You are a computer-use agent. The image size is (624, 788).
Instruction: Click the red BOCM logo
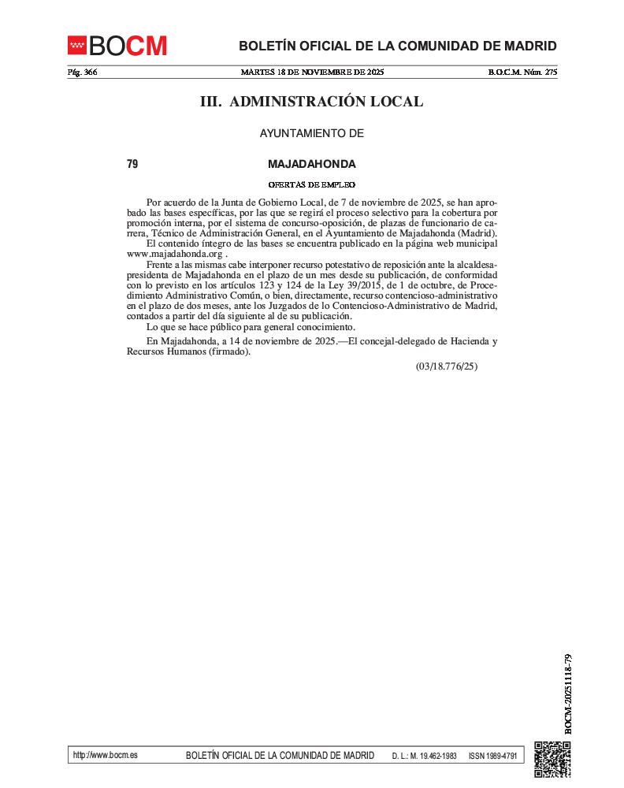[117, 46]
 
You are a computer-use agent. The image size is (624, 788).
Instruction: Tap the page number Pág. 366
[82, 72]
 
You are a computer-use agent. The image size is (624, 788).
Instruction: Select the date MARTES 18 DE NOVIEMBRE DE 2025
[312, 72]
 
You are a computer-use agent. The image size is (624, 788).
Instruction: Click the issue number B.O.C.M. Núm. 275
[523, 72]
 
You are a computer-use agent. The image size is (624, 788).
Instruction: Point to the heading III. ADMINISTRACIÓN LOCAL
[311, 102]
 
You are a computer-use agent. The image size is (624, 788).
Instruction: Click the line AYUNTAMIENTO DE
[312, 133]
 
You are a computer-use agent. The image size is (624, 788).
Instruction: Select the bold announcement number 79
[132, 164]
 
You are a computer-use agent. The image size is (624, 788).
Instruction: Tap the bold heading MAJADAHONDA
[312, 164]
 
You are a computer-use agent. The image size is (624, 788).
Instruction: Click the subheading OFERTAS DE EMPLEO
[312, 185]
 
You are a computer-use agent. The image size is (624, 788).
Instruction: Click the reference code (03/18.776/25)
[447, 366]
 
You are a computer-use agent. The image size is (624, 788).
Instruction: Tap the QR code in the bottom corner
[552, 759]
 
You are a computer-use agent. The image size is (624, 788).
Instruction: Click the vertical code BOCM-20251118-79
[568, 693]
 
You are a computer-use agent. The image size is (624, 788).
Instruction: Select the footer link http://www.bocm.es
[105, 755]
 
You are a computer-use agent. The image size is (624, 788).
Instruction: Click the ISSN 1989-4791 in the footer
[492, 756]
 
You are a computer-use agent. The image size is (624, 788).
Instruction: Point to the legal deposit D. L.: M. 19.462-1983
[424, 756]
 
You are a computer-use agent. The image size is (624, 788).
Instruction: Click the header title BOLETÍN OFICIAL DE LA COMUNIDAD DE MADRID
[398, 46]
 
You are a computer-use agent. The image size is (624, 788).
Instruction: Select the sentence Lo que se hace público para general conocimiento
[251, 326]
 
